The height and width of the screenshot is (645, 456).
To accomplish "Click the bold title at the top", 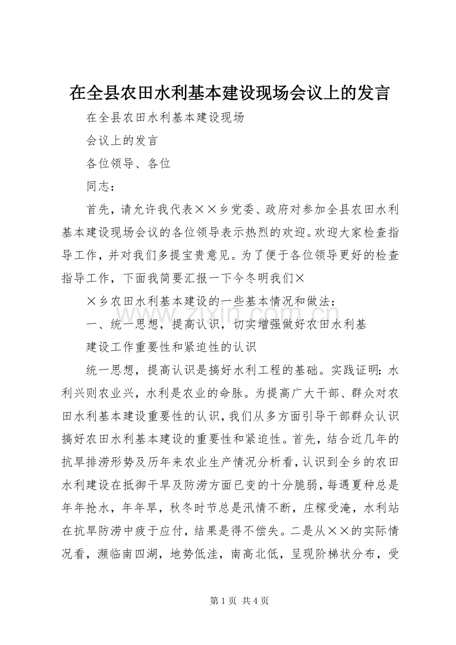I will [229, 93].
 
